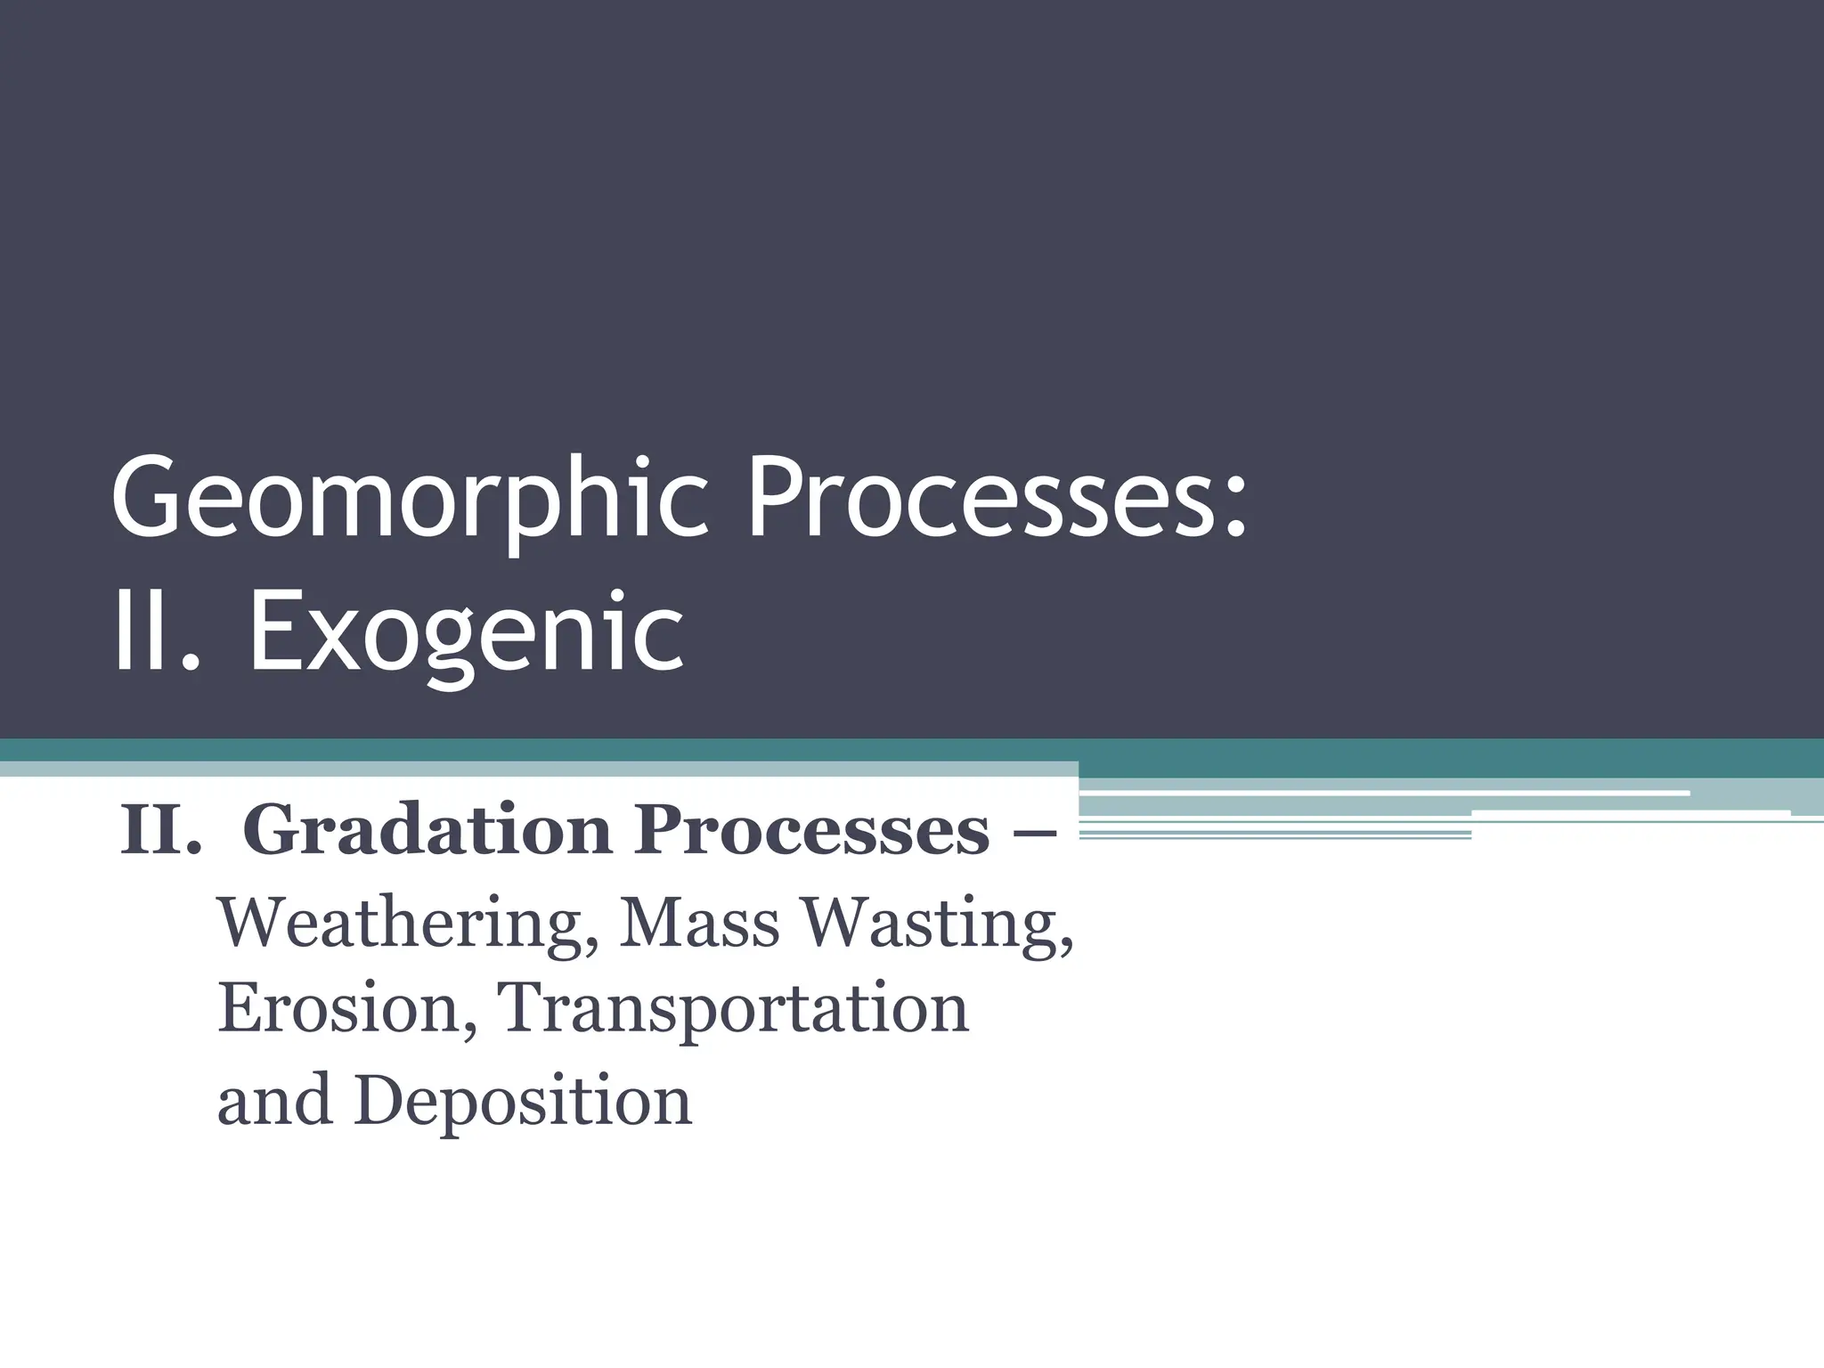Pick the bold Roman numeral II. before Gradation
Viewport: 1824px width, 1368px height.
[x=160, y=831]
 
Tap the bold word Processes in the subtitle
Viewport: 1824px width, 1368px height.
[x=810, y=831]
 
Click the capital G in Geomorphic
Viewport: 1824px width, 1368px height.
[x=144, y=495]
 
